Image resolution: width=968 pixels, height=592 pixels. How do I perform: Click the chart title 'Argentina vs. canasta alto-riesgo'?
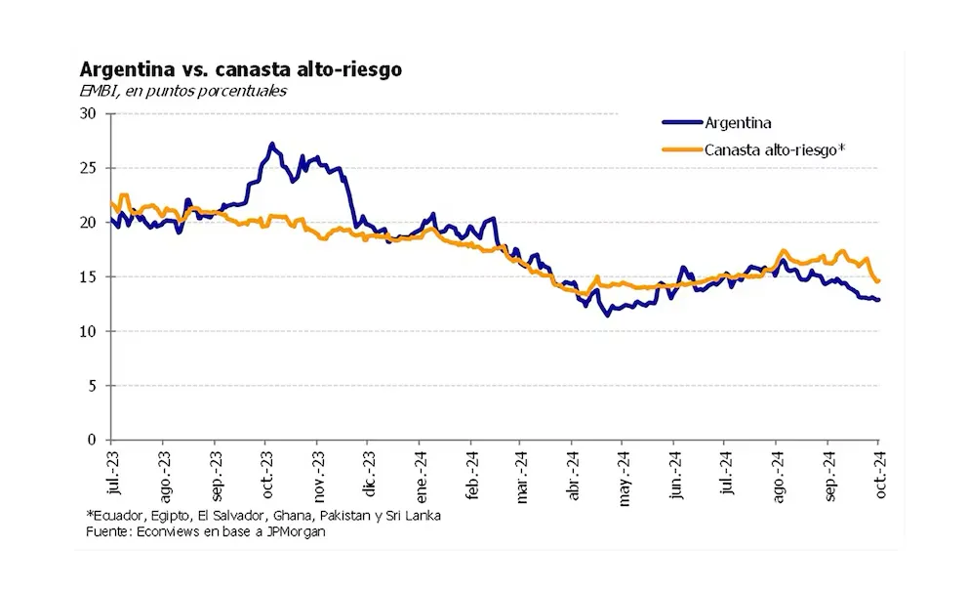coord(240,70)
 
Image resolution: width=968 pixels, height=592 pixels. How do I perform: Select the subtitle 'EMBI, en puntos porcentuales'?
coord(183,91)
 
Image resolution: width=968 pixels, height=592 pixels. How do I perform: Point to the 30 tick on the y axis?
coord(95,113)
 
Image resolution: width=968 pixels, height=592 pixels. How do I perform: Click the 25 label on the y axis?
coord(95,168)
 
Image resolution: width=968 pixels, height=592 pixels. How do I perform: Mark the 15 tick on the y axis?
coord(95,276)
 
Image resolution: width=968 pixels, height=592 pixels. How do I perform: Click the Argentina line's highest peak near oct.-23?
coord(271,144)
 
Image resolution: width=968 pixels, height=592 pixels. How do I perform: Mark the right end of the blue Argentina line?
coord(878,300)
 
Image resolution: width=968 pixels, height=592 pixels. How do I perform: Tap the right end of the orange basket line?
coord(878,281)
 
